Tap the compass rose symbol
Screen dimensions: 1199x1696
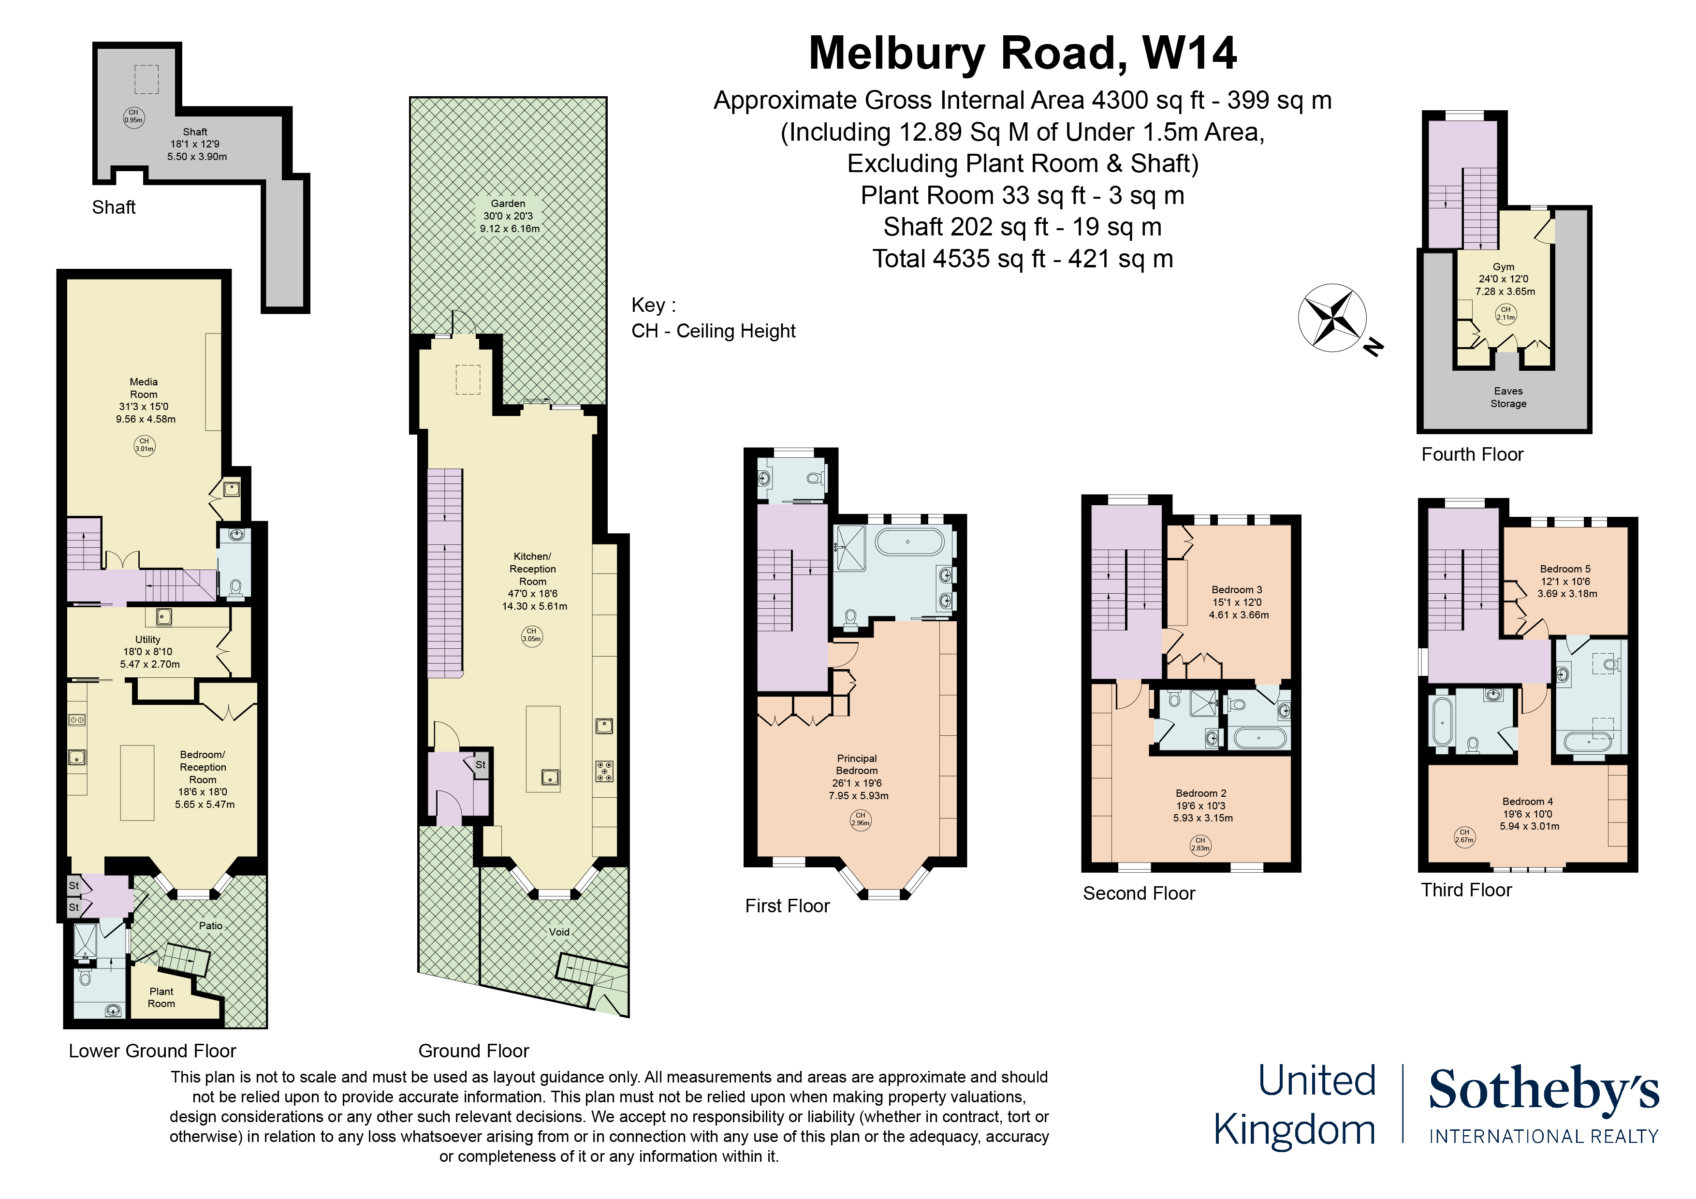pyautogui.click(x=1332, y=318)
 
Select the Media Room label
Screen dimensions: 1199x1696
pyautogui.click(x=144, y=388)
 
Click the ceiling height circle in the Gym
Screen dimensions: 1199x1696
pyautogui.click(x=1506, y=313)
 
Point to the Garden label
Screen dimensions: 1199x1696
pyautogui.click(x=508, y=203)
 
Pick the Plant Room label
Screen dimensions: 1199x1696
pyautogui.click(x=161, y=997)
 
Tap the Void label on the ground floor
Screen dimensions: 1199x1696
pyautogui.click(x=559, y=932)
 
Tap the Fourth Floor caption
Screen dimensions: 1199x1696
pyautogui.click(x=1472, y=454)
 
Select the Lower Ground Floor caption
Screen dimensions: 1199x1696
pyautogui.click(x=152, y=1051)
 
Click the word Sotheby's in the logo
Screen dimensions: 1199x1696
pyautogui.click(x=1543, y=1090)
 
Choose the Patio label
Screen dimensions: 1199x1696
pyautogui.click(x=210, y=926)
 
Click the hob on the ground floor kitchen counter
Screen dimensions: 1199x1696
pyautogui.click(x=604, y=771)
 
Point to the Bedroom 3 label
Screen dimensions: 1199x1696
pyautogui.click(x=1237, y=589)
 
